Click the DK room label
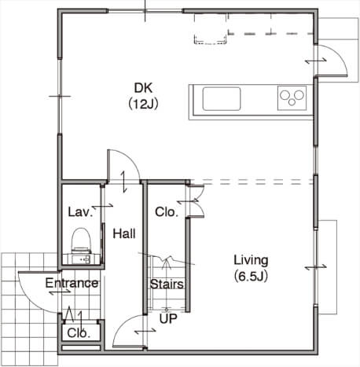[143, 88]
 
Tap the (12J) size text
[143, 105]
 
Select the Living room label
[251, 260]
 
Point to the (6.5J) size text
[251, 276]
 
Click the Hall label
[124, 233]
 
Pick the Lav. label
[80, 211]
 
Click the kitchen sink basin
[222, 99]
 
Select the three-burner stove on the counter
[292, 98]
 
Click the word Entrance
[72, 283]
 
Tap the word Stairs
[167, 284]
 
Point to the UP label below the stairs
[168, 319]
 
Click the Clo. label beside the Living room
[167, 212]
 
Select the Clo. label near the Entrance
[79, 333]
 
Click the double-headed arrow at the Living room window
[316, 267]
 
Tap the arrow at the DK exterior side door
[316, 61]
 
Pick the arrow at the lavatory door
[102, 207]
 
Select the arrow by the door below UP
[145, 332]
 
